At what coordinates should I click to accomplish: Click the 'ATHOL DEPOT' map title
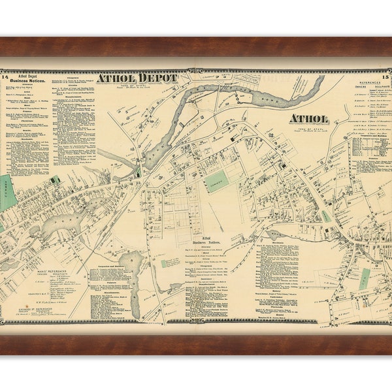137,78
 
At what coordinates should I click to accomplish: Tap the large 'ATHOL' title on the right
309,119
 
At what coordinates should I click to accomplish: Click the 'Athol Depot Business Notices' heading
26,81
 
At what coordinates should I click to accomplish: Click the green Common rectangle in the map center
216,181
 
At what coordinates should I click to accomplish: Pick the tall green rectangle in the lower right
365,278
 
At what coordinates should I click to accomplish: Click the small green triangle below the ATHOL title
325,216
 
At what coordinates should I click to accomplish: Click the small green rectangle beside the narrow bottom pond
164,264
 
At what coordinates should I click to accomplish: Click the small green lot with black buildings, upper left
56,180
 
